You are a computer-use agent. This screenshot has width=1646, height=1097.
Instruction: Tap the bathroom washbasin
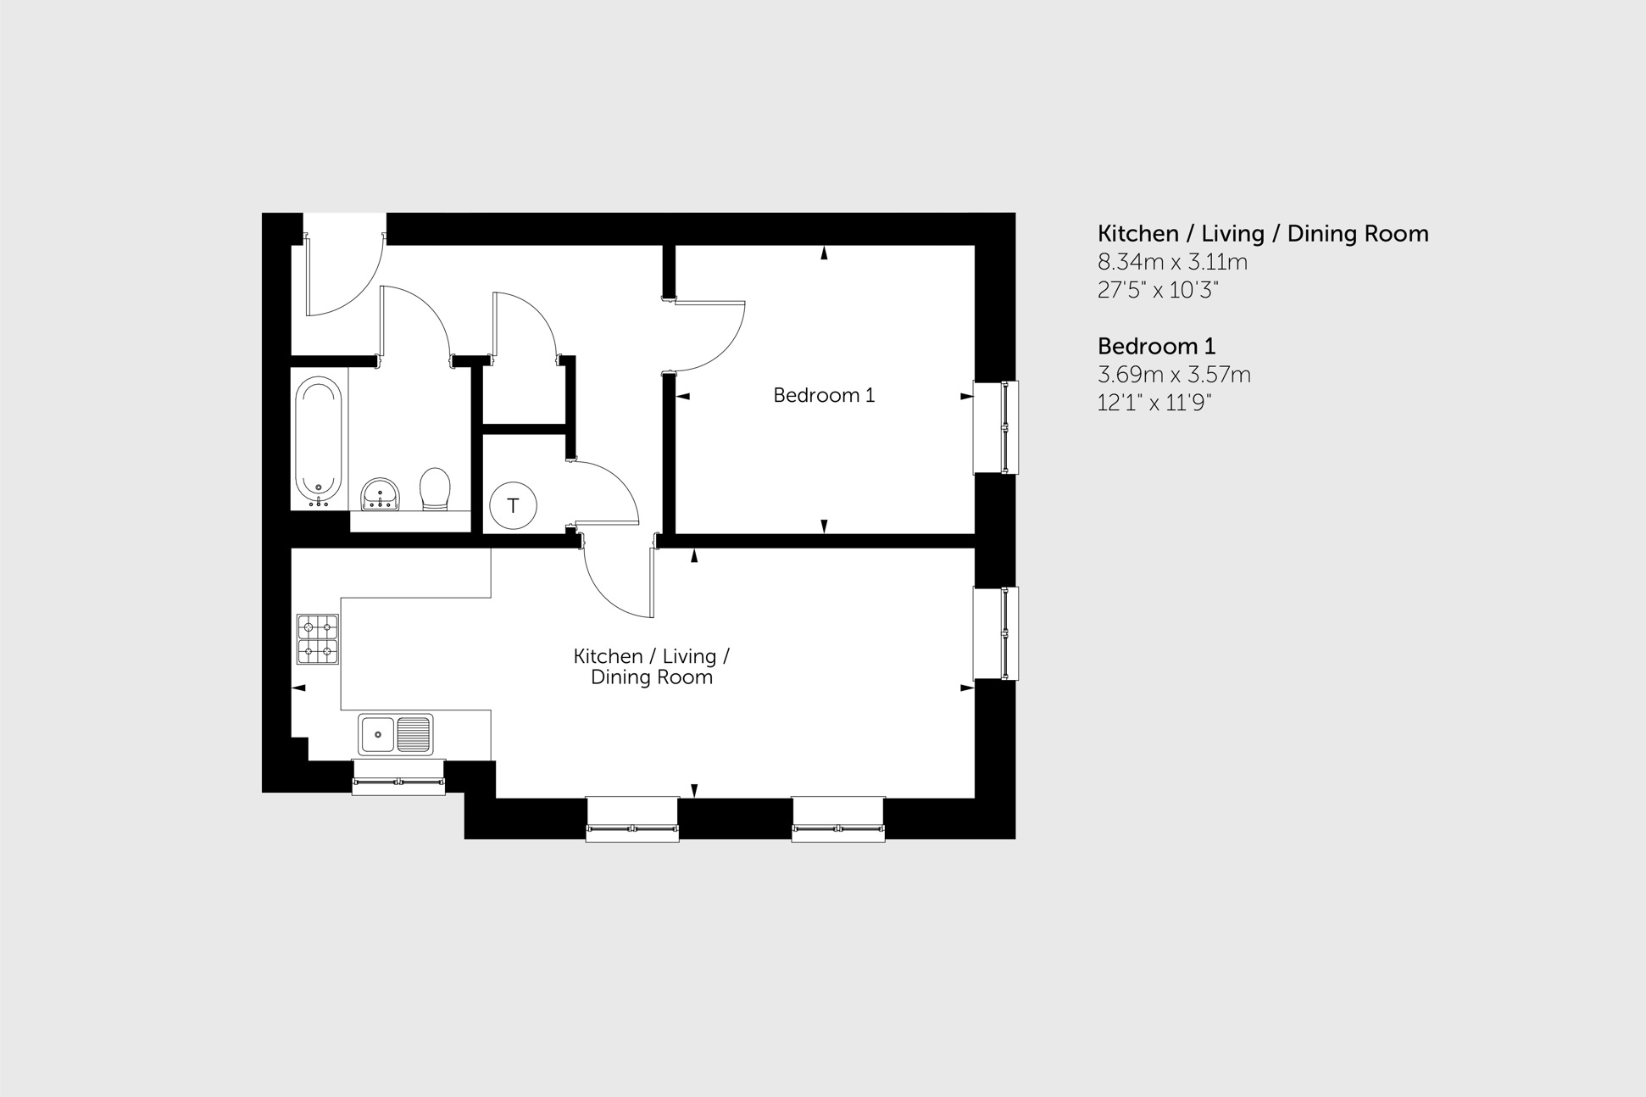[x=380, y=494]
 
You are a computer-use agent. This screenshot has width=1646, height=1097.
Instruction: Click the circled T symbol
[x=513, y=506]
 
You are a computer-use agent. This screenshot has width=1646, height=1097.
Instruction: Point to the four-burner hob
[x=318, y=639]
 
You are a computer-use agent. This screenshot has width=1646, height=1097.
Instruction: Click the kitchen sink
[x=396, y=734]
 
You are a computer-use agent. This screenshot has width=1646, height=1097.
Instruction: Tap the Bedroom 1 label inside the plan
[x=823, y=395]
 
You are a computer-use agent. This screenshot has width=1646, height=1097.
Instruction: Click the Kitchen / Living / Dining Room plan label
[x=651, y=666]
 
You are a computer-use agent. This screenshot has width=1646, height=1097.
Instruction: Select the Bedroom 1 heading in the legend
[x=1156, y=346]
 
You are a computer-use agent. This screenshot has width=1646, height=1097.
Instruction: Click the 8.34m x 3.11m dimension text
[x=1172, y=262]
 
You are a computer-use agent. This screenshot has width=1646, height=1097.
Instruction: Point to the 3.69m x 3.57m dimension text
[x=1174, y=374]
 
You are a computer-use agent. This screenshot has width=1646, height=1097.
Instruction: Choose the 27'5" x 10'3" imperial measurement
[x=1158, y=290]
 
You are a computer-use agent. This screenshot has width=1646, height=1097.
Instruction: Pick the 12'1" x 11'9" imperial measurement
[x=1154, y=402]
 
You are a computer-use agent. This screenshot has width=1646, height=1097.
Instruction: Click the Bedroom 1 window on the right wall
[x=997, y=427]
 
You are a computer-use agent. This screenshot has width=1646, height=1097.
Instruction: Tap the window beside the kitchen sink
[x=398, y=777]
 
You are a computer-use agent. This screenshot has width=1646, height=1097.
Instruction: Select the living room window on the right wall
[x=997, y=633]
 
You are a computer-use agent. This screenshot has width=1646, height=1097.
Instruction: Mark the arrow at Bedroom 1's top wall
[x=824, y=253]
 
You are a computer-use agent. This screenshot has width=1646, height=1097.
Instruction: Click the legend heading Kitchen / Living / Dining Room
[x=1263, y=233]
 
